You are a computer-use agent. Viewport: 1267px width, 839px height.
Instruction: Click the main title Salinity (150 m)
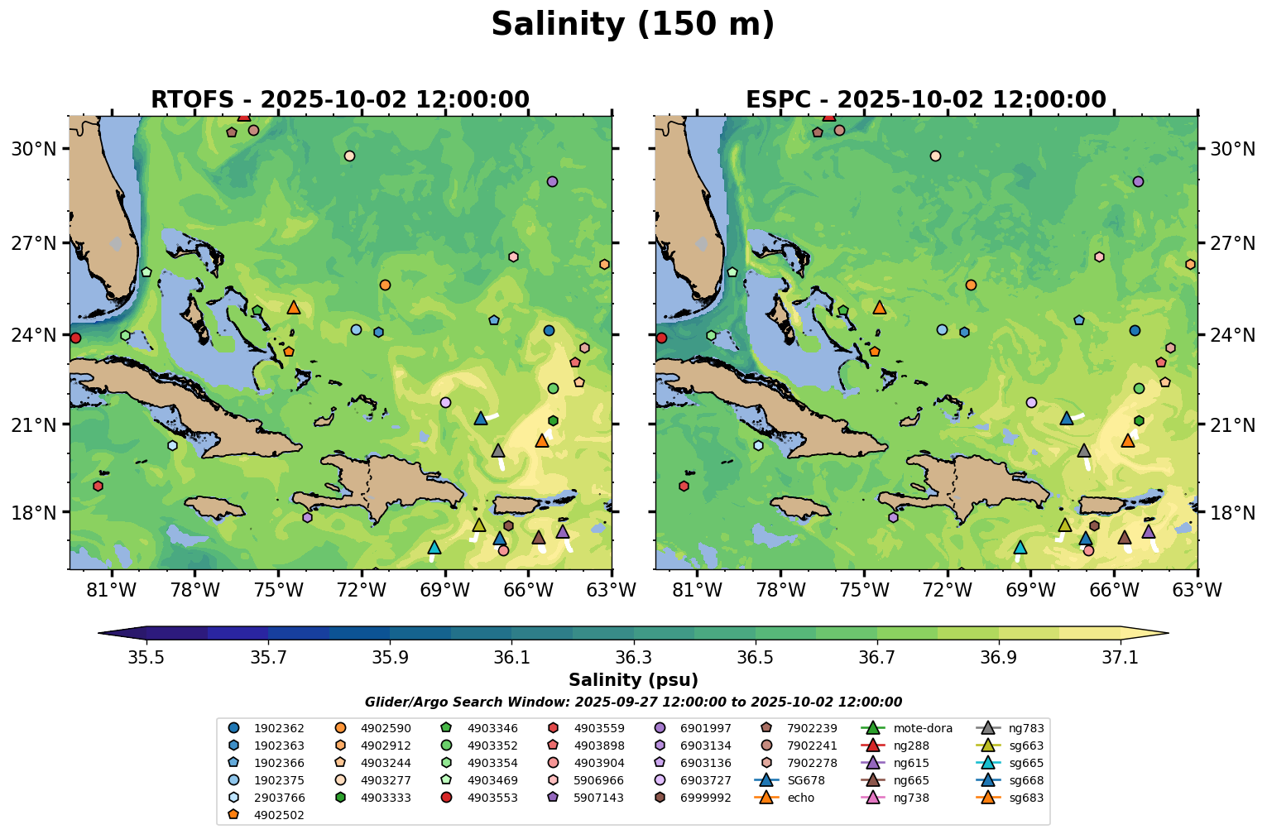(632, 25)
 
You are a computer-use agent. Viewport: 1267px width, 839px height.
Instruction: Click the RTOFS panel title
(339, 100)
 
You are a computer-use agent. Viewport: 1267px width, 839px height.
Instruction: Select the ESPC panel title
(925, 100)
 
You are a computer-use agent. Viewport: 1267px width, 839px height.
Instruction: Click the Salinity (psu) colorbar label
(633, 680)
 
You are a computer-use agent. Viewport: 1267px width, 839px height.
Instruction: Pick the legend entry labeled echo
(800, 798)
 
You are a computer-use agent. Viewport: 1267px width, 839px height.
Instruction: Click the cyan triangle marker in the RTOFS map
(434, 548)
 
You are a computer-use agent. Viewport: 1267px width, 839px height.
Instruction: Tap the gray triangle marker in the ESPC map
(1084, 451)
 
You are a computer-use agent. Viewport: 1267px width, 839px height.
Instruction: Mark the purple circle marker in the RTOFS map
(552, 182)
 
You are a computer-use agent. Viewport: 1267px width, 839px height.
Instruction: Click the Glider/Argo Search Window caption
(633, 702)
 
